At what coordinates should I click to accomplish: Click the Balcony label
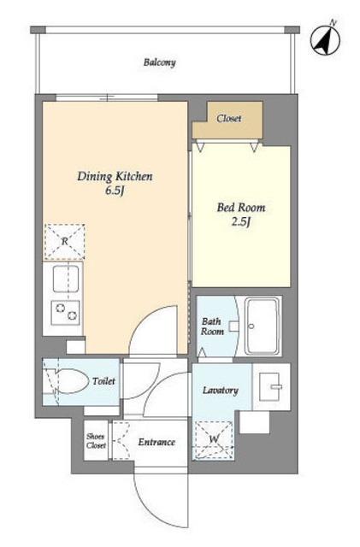click(160, 62)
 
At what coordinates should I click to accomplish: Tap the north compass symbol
click(326, 38)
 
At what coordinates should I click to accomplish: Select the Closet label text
click(228, 119)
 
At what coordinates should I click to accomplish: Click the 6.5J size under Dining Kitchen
click(115, 191)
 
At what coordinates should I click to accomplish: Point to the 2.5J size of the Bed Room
click(241, 221)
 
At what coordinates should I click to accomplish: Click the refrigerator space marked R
click(65, 241)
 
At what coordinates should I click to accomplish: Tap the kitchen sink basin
click(66, 279)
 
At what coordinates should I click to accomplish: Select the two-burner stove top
click(65, 312)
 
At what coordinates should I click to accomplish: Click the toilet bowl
click(71, 381)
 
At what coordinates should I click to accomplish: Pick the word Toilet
click(103, 381)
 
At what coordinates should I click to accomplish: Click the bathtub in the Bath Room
click(263, 326)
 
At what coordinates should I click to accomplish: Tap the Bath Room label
click(212, 326)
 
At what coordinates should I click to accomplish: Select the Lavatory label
click(221, 391)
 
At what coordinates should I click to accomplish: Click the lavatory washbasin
click(270, 386)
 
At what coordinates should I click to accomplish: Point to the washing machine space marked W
click(213, 440)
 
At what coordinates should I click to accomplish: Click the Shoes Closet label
click(96, 441)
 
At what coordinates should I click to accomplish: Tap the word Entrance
click(156, 443)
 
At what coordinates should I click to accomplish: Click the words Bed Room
click(241, 208)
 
